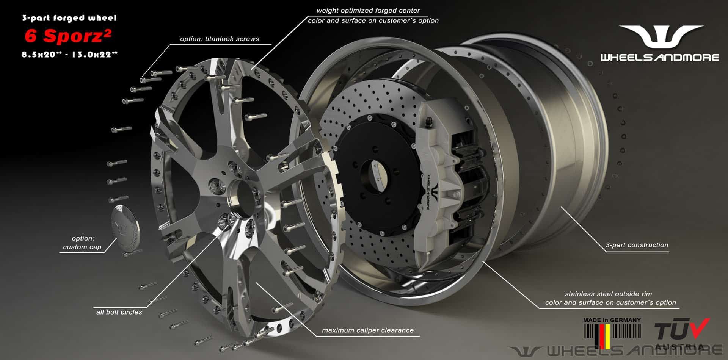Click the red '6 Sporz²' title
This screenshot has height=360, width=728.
click(x=68, y=36)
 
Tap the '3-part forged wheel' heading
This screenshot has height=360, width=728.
click(x=69, y=18)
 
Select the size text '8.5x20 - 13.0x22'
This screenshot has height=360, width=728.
click(x=69, y=55)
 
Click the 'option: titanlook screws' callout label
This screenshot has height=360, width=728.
click(x=220, y=39)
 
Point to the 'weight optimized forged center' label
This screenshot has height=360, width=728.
click(x=368, y=11)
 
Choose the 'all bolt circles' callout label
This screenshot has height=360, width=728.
click(x=119, y=312)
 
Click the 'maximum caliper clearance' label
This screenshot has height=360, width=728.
click(x=368, y=330)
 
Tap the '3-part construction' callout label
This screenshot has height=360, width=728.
click(x=637, y=245)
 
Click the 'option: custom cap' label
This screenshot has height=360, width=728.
click(x=82, y=243)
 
